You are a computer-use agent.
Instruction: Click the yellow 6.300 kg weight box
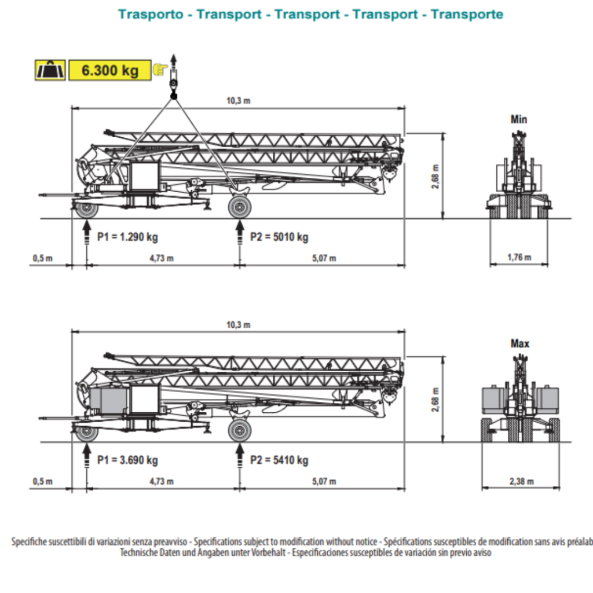[x=110, y=71]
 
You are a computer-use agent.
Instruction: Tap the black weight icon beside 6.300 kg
[x=50, y=71]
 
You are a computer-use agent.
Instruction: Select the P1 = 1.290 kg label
[x=127, y=237]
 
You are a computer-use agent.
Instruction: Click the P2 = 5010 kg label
[x=279, y=237]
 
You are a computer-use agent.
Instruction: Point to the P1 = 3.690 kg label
[x=127, y=460]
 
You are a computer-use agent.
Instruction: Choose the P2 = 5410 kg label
[x=279, y=460]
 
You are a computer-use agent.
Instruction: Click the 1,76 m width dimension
[x=519, y=257]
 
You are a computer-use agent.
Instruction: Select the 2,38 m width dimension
[x=522, y=481]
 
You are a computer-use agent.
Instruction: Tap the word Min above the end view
[x=519, y=120]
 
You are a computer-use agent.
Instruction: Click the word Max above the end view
[x=519, y=343]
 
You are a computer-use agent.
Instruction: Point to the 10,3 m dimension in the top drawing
[x=239, y=100]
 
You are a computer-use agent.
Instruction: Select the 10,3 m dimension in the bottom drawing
[x=239, y=325]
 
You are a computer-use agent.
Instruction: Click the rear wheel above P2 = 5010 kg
[x=239, y=207]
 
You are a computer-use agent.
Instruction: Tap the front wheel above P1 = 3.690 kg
[x=87, y=431]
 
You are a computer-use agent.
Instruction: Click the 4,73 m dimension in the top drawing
[x=162, y=258]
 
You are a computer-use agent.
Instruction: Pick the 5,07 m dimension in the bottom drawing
[x=324, y=481]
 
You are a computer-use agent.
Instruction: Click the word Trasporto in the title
[x=152, y=14]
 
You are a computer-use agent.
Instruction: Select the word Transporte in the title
[x=467, y=14]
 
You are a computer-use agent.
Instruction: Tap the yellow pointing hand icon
[x=159, y=70]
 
